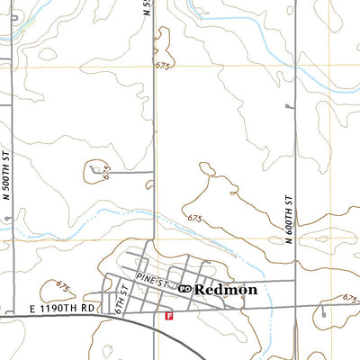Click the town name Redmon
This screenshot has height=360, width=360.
[x=226, y=290]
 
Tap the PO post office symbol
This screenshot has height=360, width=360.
[x=184, y=289]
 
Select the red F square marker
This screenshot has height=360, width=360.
[x=168, y=316]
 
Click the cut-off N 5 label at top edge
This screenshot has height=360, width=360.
[x=148, y=7]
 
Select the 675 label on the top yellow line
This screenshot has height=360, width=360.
[x=163, y=66]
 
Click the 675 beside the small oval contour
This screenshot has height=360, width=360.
[x=107, y=171]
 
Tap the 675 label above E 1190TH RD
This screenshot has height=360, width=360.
[x=63, y=286]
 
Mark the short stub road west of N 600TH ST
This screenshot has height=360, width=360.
[x=289, y=106]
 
